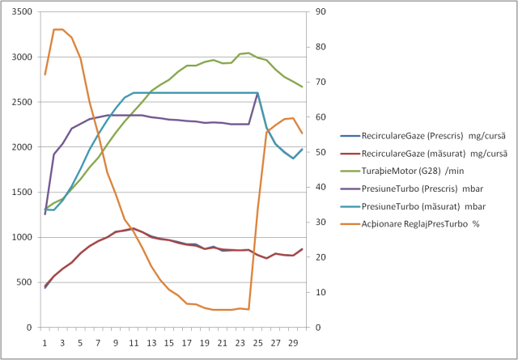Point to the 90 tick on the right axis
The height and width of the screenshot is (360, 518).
(321, 12)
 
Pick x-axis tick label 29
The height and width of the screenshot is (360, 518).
(293, 342)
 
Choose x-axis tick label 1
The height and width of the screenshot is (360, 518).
(45, 342)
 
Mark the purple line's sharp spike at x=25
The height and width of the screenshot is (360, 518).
(257, 94)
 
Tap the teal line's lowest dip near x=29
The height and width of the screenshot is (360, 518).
(293, 159)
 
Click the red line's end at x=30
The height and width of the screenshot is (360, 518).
(302, 249)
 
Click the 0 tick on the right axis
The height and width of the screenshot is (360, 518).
(318, 327)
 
